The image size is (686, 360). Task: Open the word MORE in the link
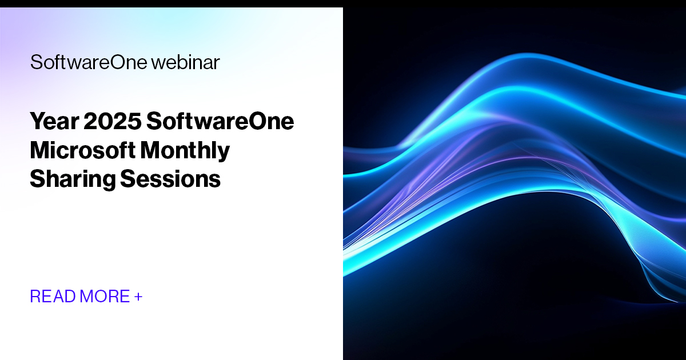105,297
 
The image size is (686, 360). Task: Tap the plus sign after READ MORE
138,297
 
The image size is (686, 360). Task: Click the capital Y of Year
37,122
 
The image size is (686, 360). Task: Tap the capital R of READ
35,297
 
